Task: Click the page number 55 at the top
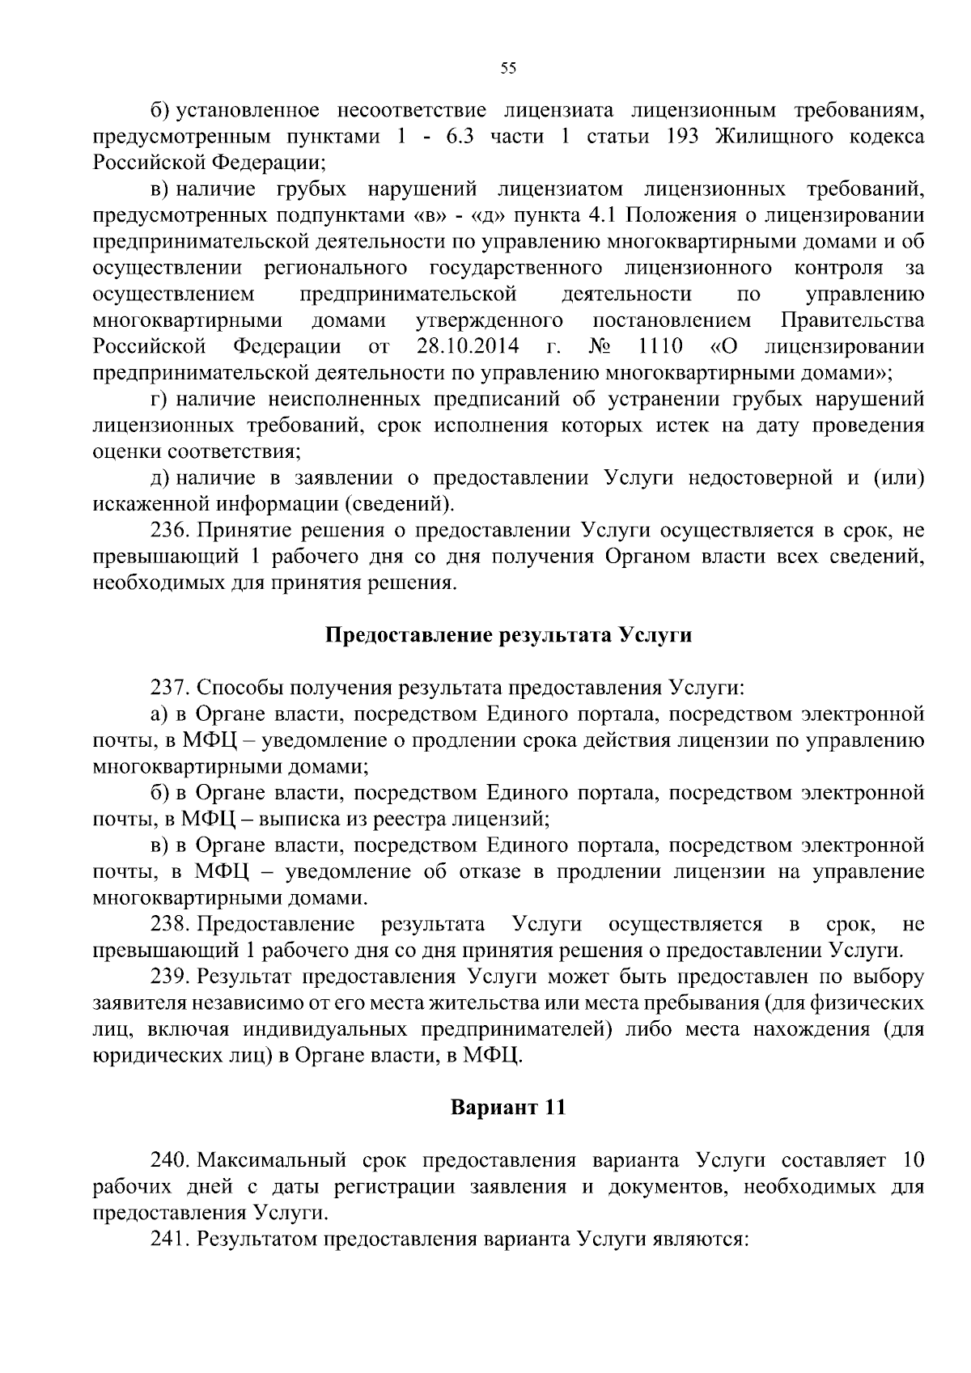tap(508, 69)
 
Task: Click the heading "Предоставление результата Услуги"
tap(508, 636)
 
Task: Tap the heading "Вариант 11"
tap(507, 1107)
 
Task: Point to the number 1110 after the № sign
tap(660, 347)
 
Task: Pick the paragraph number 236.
tap(169, 531)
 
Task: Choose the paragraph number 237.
tap(169, 689)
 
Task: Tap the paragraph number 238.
tap(169, 924)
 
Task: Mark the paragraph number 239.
tap(169, 977)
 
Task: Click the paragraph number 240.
tap(169, 1160)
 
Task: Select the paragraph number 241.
tap(169, 1239)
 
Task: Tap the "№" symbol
tap(600, 347)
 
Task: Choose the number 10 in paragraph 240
tap(912, 1160)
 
